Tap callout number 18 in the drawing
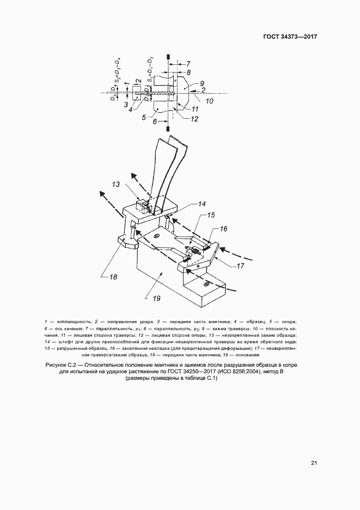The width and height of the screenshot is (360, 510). point(113,276)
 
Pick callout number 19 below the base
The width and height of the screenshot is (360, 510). point(157,298)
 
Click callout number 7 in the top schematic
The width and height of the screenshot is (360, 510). point(188,63)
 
